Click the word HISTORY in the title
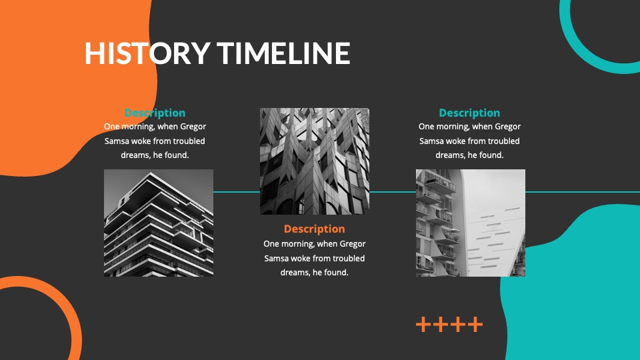point(147,53)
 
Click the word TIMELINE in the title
point(283,53)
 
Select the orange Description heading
point(314,229)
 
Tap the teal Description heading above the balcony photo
point(469,113)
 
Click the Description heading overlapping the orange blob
point(155,113)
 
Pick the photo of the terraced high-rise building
point(159,223)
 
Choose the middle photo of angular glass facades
point(314,161)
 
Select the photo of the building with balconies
point(470,223)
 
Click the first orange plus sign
point(424,325)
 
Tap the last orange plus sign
point(475,325)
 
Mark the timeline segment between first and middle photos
point(236,192)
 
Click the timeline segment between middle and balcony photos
point(392,192)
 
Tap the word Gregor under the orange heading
point(353,244)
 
